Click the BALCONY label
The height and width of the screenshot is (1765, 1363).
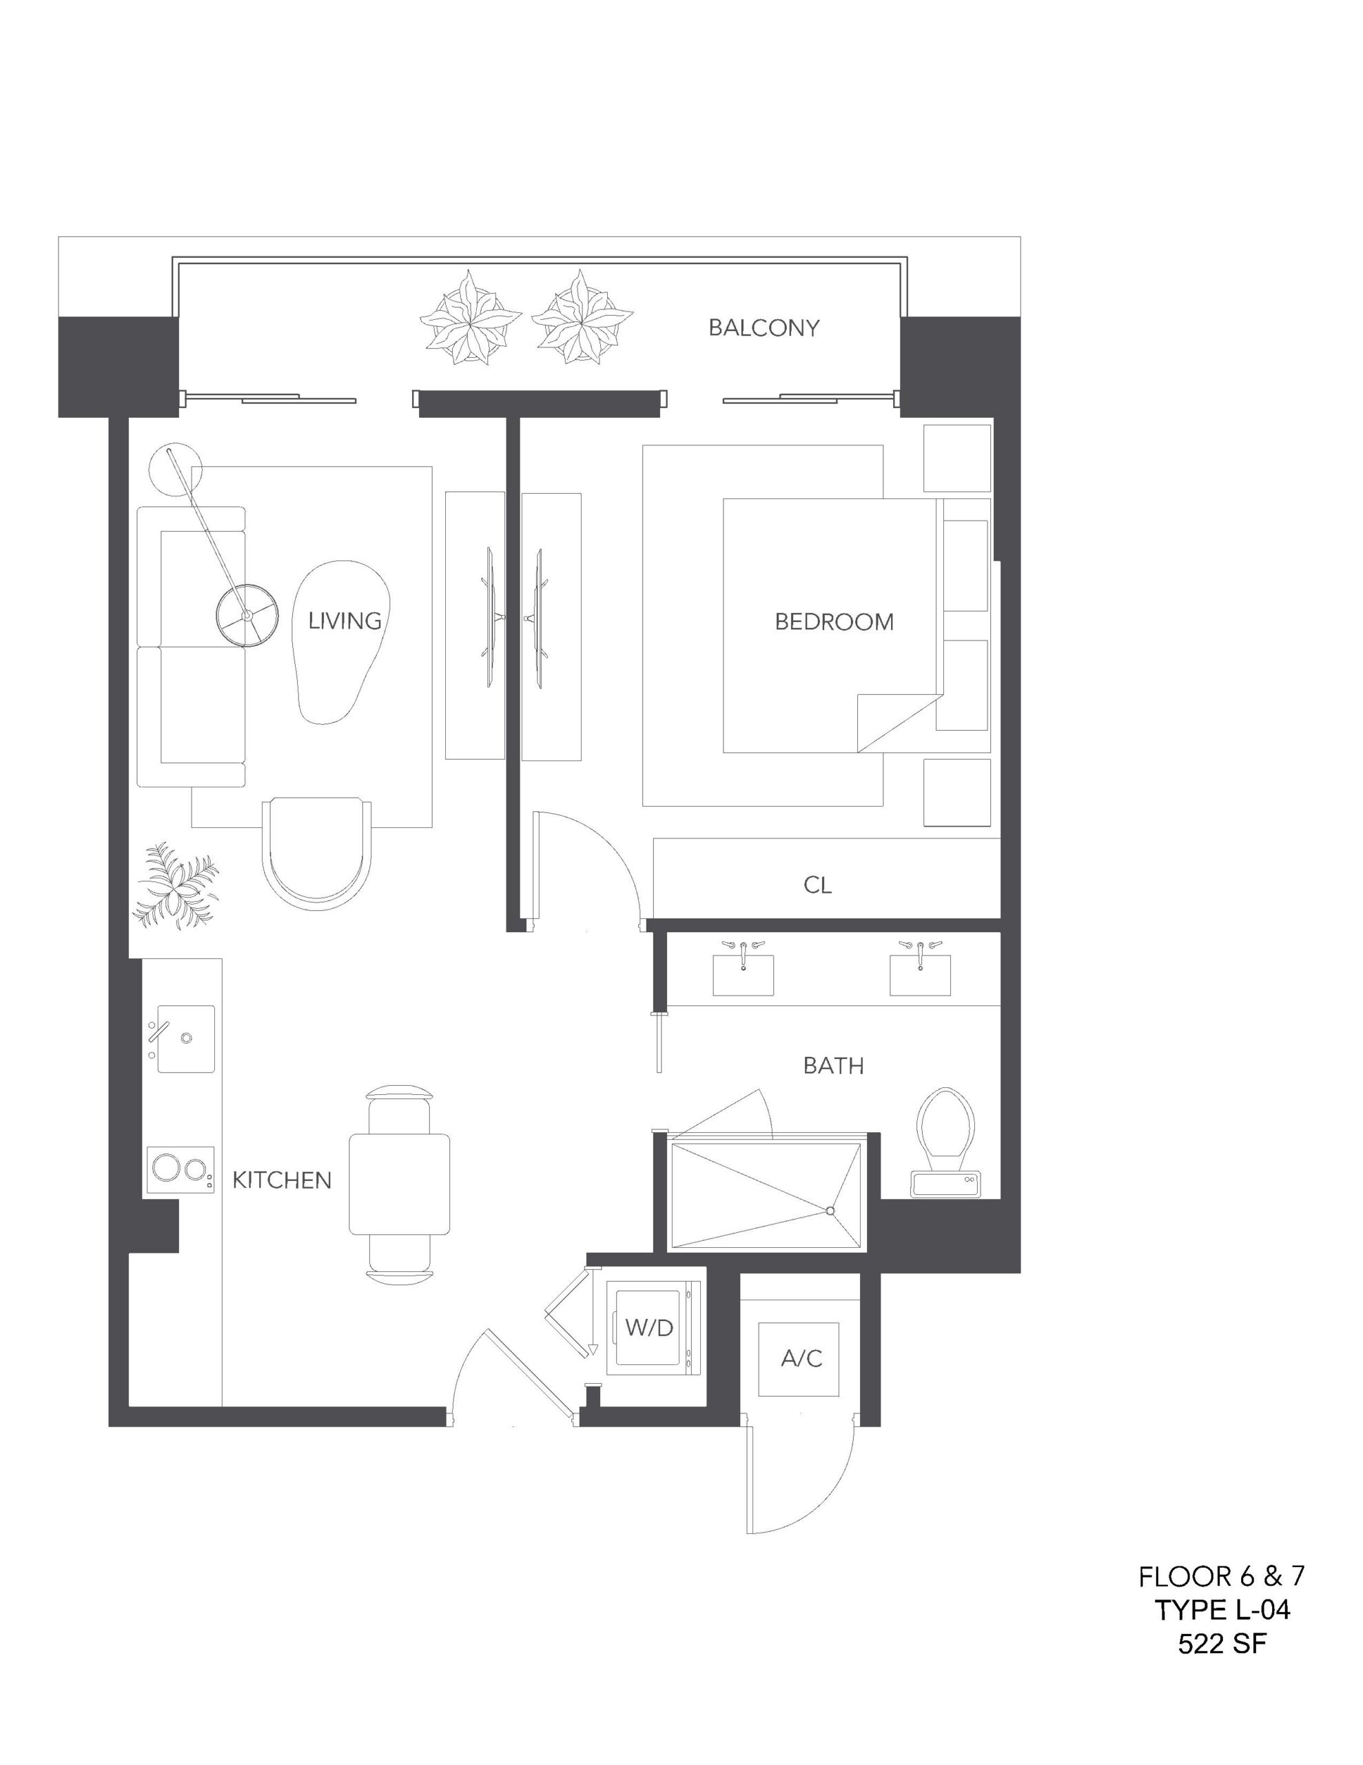[x=764, y=327]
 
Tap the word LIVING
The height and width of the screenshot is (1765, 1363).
[x=345, y=621]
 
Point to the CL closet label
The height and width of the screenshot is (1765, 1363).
[x=818, y=885]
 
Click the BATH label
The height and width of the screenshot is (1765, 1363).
[x=833, y=1066]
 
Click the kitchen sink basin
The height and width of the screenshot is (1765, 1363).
[x=186, y=1038]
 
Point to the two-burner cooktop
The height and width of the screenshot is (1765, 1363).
[x=180, y=1169]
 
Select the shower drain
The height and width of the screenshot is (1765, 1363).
[x=830, y=1211]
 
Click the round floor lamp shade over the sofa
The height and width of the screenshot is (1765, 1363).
[x=247, y=616]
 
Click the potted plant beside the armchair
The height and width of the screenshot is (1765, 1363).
[x=175, y=886]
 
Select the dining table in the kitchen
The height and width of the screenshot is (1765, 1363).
[x=399, y=1184]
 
